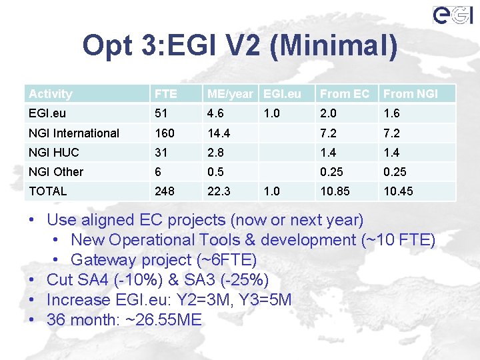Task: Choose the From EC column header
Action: pyautogui.click(x=344, y=94)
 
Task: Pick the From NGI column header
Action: pyautogui.click(x=411, y=94)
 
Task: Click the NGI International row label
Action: pyautogui.click(x=74, y=133)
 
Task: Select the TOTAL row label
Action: pyautogui.click(x=48, y=191)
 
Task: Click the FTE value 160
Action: pyautogui.click(x=164, y=133)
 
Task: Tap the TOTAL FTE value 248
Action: pyautogui.click(x=164, y=191)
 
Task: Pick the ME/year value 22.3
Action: pyautogui.click(x=219, y=191)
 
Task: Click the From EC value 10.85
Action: pyautogui.click(x=335, y=191)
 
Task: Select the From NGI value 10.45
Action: pyautogui.click(x=398, y=191)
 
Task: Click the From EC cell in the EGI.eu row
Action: pyautogui.click(x=328, y=113)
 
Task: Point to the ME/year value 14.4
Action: pyautogui.click(x=219, y=133)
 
